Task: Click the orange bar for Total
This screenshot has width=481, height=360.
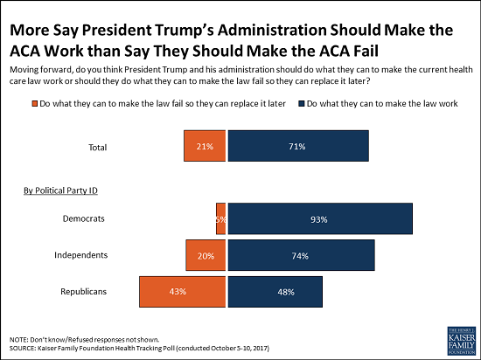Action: point(206,146)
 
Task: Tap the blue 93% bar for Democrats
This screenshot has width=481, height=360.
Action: point(320,219)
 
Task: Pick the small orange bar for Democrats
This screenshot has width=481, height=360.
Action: point(221,219)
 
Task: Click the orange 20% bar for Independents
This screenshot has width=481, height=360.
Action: point(206,255)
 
